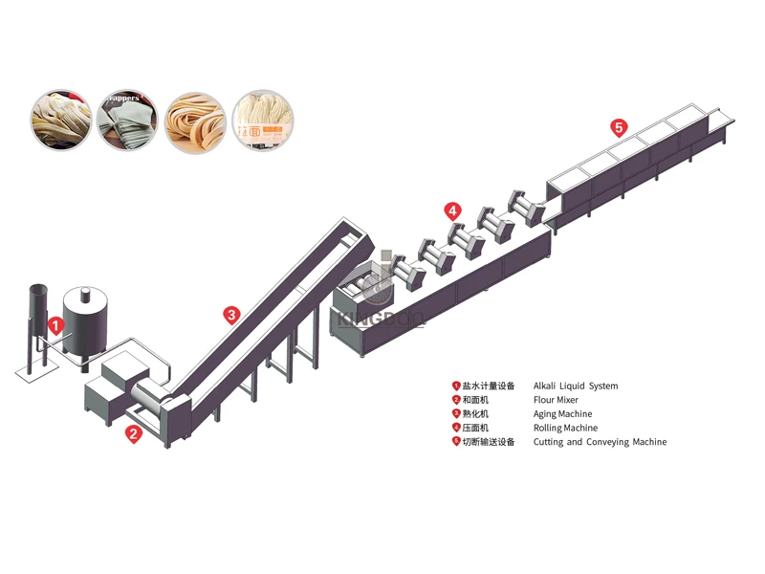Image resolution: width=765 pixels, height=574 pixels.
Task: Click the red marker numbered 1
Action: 55,325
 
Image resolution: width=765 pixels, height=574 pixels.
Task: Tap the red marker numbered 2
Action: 134,433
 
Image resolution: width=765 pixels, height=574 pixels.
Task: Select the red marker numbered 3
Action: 230,313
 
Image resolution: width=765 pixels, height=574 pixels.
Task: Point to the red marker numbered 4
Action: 452,210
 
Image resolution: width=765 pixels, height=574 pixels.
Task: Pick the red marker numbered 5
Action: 619,126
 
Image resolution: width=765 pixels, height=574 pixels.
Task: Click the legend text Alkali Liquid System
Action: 575,386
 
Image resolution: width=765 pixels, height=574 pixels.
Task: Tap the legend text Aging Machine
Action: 562,414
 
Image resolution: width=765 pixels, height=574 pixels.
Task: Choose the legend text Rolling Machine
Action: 565,429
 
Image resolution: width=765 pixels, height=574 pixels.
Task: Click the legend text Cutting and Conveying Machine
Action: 600,442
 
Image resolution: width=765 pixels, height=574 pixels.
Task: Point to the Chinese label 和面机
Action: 475,401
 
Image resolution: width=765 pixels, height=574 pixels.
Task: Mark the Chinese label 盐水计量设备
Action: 489,386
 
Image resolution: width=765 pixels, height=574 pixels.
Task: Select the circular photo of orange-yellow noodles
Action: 195,120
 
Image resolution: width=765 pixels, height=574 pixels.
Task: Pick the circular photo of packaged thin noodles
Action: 262,120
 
